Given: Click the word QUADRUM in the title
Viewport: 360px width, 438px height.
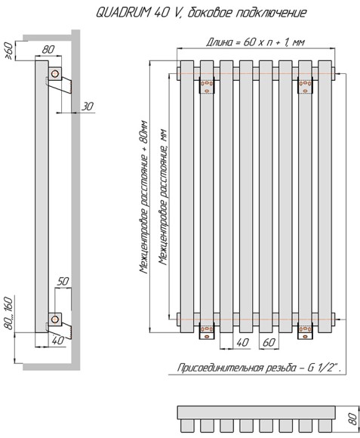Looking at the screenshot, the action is (x=122, y=12).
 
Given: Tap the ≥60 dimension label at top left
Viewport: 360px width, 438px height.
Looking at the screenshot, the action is (x=8, y=51).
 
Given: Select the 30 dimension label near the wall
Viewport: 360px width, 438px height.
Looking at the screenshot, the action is (x=88, y=106).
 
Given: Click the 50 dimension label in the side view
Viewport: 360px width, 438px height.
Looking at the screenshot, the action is (x=63, y=281).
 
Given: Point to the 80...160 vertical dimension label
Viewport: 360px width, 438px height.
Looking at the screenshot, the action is (x=8, y=313).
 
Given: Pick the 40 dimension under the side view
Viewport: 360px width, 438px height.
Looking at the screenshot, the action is (x=58, y=341).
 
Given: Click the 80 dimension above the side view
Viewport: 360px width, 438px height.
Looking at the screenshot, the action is (x=48, y=49).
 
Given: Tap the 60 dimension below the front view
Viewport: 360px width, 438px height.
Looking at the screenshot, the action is (x=269, y=342).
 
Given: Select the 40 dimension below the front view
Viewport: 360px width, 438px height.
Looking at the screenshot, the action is (x=242, y=342).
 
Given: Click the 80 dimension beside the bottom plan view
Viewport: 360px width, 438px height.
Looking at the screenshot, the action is (x=353, y=418).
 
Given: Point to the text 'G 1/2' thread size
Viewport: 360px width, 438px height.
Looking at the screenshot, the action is (x=323, y=368).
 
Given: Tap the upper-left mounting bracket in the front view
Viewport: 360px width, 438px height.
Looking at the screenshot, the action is (x=207, y=85).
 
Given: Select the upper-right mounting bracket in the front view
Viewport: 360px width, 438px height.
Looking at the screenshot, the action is (x=306, y=85).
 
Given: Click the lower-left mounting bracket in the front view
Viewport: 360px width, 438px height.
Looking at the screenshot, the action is (x=207, y=331).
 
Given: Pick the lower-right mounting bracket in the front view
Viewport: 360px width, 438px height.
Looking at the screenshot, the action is (x=306, y=331).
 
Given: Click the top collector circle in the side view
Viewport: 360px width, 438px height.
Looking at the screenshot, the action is (x=55, y=74).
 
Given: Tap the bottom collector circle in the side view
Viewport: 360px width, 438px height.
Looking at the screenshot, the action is (x=55, y=319).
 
